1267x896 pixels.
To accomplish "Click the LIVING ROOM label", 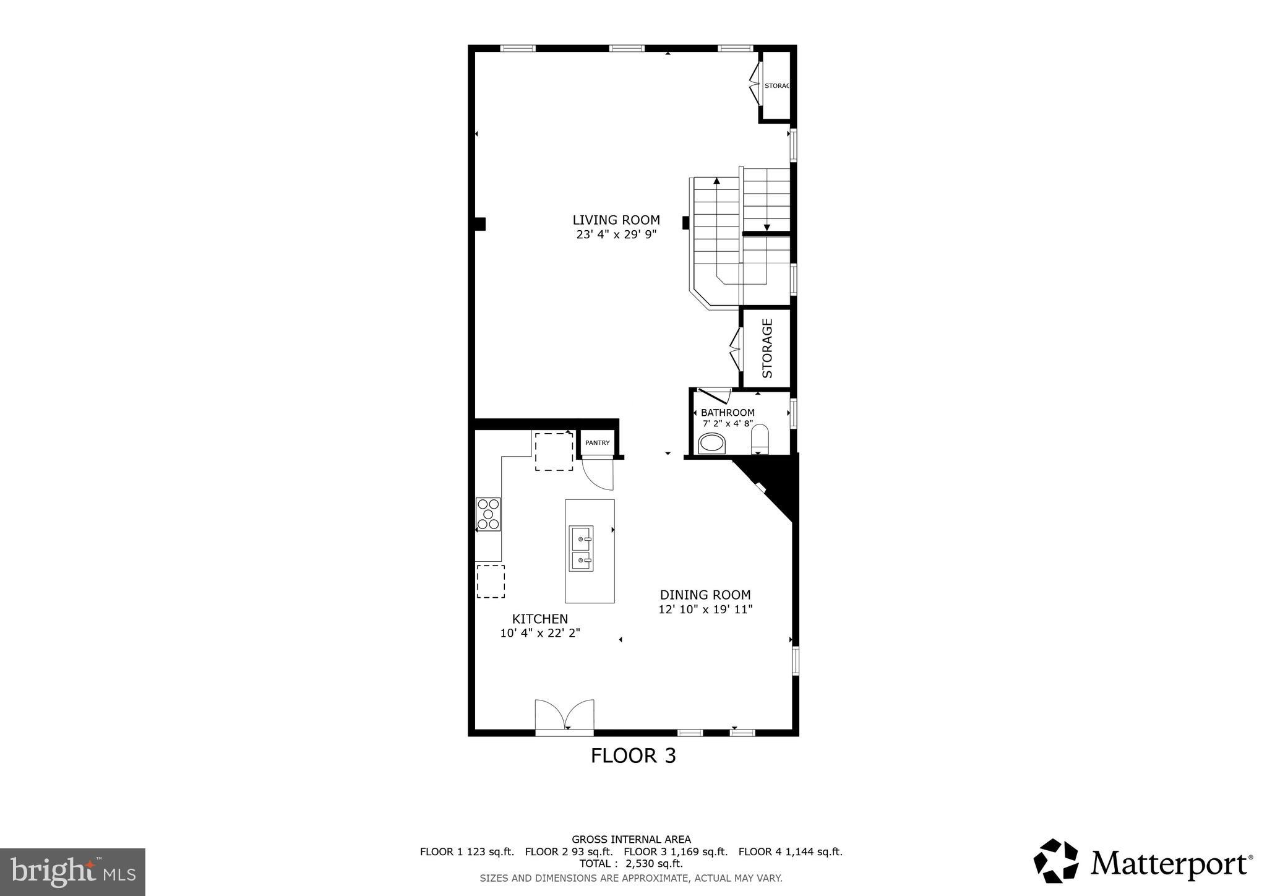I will point(616,220).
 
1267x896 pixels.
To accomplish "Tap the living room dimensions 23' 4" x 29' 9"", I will point(616,235).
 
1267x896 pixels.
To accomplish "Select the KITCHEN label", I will point(539,619).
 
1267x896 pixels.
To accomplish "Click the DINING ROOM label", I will point(705,595).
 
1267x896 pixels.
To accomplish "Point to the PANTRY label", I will point(597,443).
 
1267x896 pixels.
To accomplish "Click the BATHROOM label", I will point(727,413).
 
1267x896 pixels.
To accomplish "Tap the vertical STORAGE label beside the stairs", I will point(767,348).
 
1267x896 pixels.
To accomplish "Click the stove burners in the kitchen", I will point(488,514).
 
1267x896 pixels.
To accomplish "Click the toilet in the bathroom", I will point(759,439).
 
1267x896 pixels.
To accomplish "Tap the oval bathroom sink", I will point(711,444).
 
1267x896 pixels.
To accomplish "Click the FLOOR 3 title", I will point(633,756).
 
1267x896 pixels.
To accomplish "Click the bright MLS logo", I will point(72,872).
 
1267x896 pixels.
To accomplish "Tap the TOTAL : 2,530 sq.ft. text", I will point(630,864).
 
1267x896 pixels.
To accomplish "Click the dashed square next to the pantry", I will point(554,452).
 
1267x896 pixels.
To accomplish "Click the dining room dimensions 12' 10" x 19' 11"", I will point(705,610).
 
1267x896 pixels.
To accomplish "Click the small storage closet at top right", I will point(776,86).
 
